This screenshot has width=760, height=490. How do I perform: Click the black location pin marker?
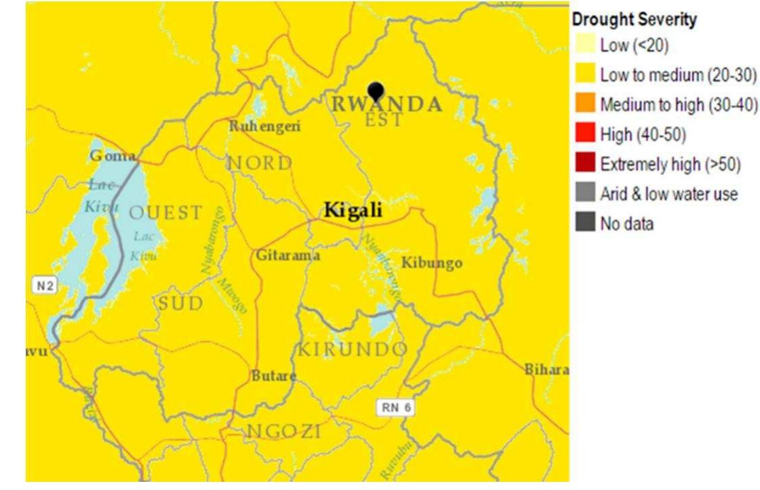point(376,91)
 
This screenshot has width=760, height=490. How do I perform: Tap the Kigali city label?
point(353,210)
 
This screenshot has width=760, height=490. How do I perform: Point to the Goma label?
point(112,156)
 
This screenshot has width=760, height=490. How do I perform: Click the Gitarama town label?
point(288,256)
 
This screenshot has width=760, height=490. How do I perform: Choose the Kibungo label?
point(432,263)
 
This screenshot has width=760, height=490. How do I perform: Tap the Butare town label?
point(274,375)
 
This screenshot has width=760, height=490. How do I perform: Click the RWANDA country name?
point(386,105)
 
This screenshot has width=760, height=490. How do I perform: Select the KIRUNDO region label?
point(353,350)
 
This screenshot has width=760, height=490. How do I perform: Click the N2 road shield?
point(45,286)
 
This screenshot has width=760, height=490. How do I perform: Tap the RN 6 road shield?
point(395,407)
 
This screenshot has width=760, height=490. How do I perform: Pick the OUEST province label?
point(165,213)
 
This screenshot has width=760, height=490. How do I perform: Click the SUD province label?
point(180,304)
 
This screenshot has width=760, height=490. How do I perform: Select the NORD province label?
point(260,163)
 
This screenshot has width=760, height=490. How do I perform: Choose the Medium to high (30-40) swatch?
point(585,104)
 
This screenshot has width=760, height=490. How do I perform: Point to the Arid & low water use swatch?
point(585,194)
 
